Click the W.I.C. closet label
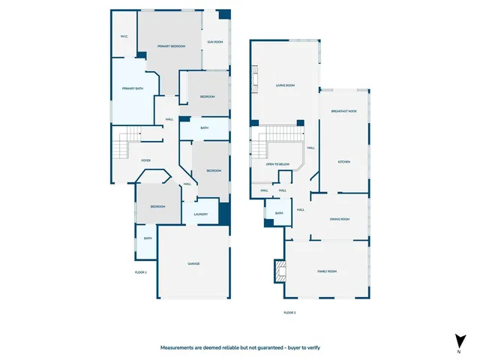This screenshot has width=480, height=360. [124, 36]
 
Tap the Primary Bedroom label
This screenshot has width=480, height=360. [171, 46]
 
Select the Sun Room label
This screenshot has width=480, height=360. [215, 42]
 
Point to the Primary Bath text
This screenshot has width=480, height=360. [133, 88]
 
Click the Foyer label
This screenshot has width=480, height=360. [146, 160]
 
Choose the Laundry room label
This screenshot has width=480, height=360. [200, 214]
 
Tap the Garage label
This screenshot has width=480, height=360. [193, 264]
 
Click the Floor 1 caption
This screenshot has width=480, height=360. [140, 271]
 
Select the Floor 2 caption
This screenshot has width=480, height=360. [289, 312]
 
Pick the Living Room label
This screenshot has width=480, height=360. [285, 85]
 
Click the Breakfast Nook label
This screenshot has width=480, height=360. [344, 111]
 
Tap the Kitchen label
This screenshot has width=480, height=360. [344, 162]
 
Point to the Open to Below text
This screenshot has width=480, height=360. [277, 163]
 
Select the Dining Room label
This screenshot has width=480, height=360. [340, 219]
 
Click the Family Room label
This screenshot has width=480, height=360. [327, 271]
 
